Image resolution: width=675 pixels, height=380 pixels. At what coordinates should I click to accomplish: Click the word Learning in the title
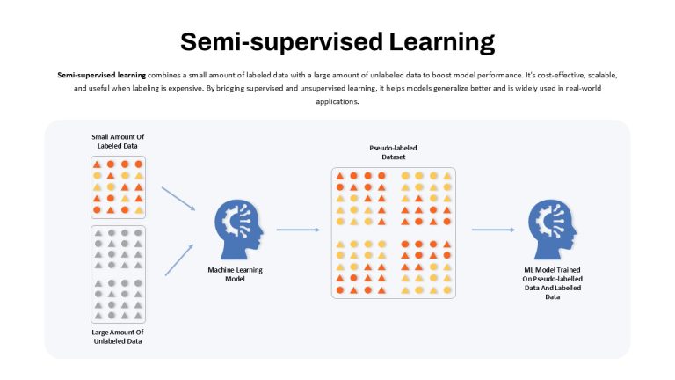(x=442, y=42)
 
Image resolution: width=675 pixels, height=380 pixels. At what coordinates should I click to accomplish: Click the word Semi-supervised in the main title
(x=281, y=42)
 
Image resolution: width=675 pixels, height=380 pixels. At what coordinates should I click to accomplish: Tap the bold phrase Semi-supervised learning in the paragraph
(x=102, y=75)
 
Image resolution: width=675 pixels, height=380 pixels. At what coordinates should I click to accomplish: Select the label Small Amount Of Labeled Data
(x=118, y=142)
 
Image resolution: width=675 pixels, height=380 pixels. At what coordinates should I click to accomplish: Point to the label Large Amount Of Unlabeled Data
(x=118, y=337)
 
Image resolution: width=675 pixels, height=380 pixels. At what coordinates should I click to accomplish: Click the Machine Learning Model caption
(x=235, y=274)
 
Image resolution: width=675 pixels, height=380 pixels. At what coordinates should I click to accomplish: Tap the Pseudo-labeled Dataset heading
(x=393, y=152)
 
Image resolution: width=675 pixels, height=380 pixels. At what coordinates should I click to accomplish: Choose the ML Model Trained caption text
(x=552, y=283)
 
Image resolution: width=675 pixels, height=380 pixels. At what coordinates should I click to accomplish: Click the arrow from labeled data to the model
(x=178, y=199)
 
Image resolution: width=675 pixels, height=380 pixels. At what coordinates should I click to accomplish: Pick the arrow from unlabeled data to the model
(x=179, y=259)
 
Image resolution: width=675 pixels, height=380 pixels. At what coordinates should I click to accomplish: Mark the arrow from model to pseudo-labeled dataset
(x=298, y=230)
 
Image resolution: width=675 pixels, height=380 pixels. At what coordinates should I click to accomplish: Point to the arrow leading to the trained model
(x=493, y=230)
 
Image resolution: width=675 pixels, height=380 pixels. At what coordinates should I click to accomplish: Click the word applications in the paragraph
(x=337, y=102)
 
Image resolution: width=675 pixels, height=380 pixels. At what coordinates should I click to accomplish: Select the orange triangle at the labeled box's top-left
(x=98, y=164)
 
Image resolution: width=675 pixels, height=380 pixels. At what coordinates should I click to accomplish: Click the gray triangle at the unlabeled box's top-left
(x=98, y=233)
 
